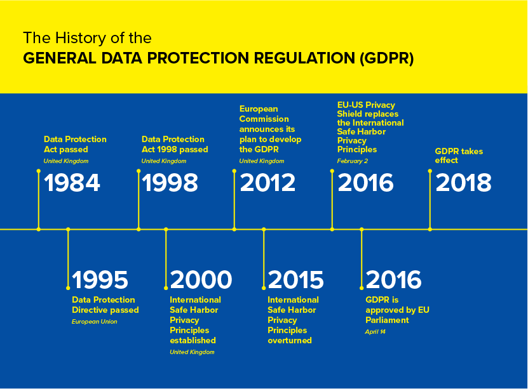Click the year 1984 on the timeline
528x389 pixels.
pyautogui.click(x=72, y=183)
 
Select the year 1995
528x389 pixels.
pyautogui.click(x=100, y=280)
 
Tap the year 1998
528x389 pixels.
pyautogui.click(x=170, y=183)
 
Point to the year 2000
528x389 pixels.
pyautogui.click(x=201, y=280)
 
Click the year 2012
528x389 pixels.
pyautogui.click(x=267, y=183)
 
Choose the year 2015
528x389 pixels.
pyautogui.click(x=296, y=280)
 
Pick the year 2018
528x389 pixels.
pyautogui.click(x=464, y=183)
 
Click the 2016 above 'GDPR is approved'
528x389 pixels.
pyautogui.click(x=394, y=280)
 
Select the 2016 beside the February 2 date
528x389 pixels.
pyautogui.click(x=366, y=183)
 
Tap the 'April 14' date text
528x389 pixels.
pyautogui.click(x=376, y=332)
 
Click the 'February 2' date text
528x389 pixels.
pyautogui.click(x=353, y=161)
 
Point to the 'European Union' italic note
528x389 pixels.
pyautogui.click(x=95, y=322)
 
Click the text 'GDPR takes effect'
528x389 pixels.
pyautogui.click(x=459, y=155)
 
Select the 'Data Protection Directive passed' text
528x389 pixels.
pyautogui.click(x=105, y=305)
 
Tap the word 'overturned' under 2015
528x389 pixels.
pyautogui.click(x=290, y=340)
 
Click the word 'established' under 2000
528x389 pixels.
pyautogui.click(x=193, y=340)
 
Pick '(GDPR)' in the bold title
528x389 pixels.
pyautogui.click(x=387, y=58)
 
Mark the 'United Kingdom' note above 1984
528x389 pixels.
pyautogui.click(x=66, y=161)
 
